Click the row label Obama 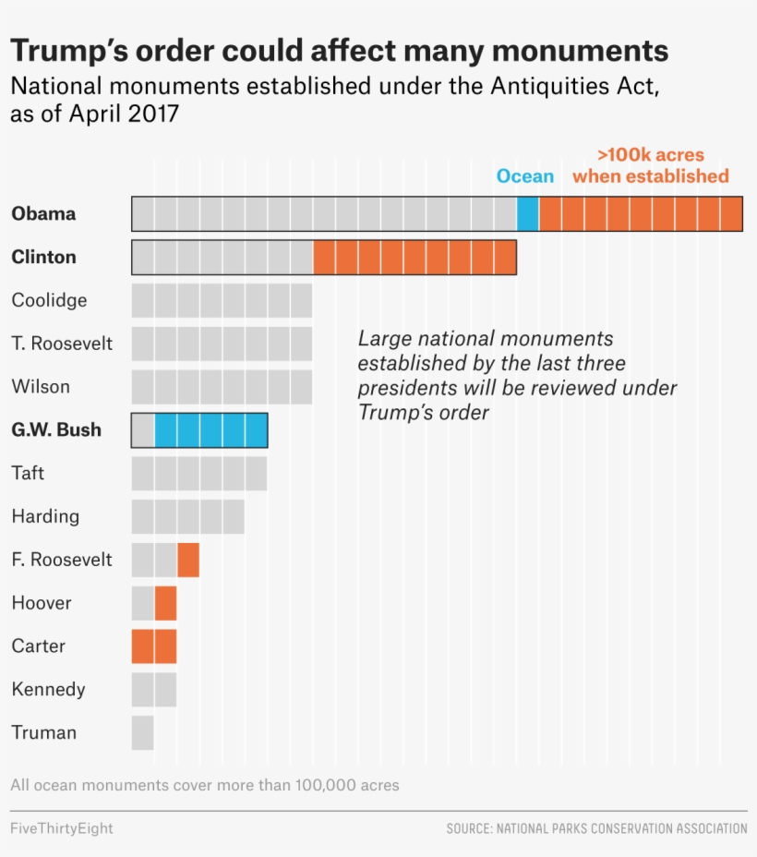pos(43,213)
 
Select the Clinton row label pos(43,257)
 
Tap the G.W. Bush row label pos(56,429)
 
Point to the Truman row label pos(43,732)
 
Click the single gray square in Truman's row pos(142,732)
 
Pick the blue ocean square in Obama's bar pos(527,213)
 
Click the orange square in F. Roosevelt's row pos(187,560)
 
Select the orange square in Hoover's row pos(165,603)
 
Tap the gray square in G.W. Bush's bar pos(142,429)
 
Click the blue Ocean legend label pos(524,176)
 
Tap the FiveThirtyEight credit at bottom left pos(62,828)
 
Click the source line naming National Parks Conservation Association pos(596,828)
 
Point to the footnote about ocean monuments pos(205,785)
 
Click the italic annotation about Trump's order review pos(517,375)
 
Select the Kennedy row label pos(48,689)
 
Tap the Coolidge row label pos(49,300)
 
